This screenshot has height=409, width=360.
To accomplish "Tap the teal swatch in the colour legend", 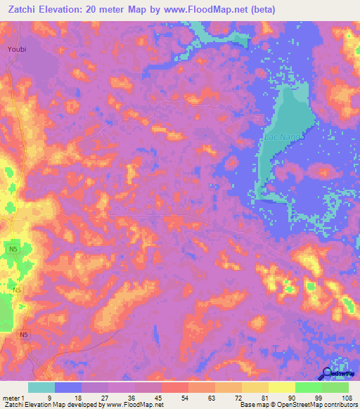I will [41, 387].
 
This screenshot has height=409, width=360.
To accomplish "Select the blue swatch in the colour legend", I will [68, 387].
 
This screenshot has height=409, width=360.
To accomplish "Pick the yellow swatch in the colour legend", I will [282, 387].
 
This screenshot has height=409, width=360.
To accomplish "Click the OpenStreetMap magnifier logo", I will [327, 375].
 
